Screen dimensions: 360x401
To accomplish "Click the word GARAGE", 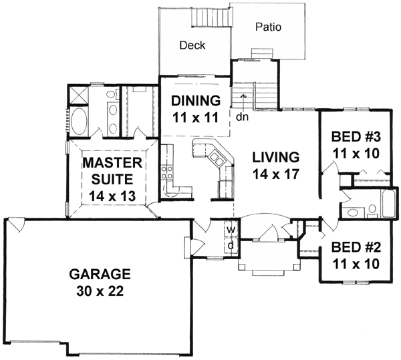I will (x=100, y=274).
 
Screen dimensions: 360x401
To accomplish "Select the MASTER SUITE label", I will (x=111, y=171).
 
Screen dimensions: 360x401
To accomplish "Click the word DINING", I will (x=195, y=102).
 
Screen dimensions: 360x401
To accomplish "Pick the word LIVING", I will (x=275, y=158).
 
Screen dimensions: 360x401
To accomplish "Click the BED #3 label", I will (x=356, y=139).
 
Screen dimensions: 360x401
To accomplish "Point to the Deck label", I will (x=192, y=46).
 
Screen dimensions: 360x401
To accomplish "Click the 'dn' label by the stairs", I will (x=242, y=115).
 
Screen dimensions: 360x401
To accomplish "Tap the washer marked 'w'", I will (x=231, y=230).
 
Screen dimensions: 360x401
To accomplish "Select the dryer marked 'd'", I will (x=231, y=245).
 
